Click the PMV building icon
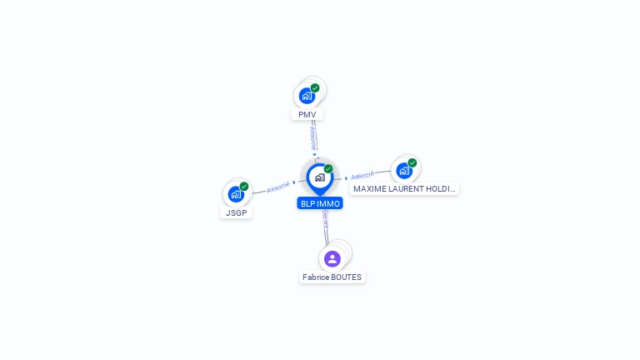(x=307, y=96)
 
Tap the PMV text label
(x=307, y=114)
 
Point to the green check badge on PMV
(x=315, y=87)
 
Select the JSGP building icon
(x=236, y=195)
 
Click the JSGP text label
(x=237, y=212)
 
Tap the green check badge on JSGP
(x=244, y=187)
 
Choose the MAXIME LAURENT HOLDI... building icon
(x=404, y=171)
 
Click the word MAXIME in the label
(x=370, y=189)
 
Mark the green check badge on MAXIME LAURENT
(x=412, y=163)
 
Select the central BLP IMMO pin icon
(x=319, y=177)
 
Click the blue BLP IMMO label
(x=320, y=203)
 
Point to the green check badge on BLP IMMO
(x=328, y=168)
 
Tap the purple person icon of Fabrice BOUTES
(x=332, y=258)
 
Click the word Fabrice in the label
(x=316, y=277)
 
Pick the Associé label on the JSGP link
(x=278, y=187)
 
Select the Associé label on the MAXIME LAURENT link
(x=362, y=176)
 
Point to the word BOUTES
(x=347, y=277)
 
